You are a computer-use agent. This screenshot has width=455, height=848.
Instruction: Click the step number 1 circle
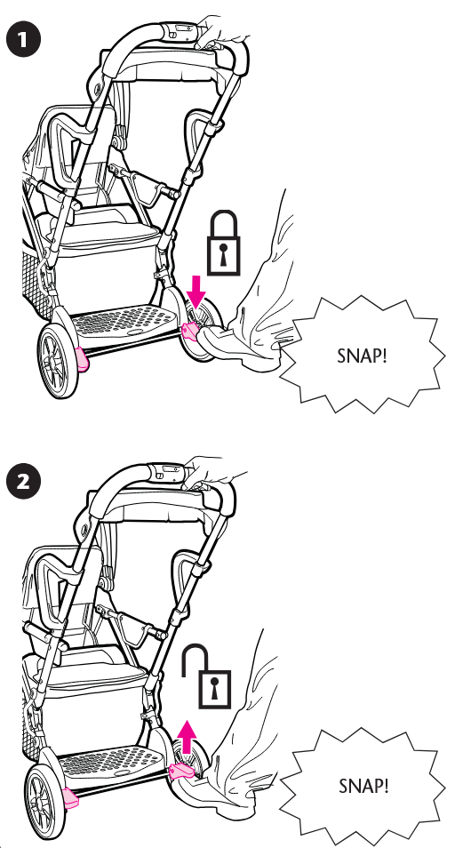(x=23, y=40)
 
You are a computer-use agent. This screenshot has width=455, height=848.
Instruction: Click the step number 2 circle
(x=23, y=481)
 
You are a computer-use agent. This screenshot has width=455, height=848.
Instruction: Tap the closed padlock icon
(x=223, y=244)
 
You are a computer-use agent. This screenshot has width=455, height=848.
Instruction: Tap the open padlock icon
(x=206, y=676)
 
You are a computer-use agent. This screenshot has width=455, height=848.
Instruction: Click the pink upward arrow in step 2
(x=187, y=737)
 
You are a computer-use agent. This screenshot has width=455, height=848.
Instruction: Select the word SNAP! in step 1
(x=362, y=356)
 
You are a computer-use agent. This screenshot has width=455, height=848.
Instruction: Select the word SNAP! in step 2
(x=363, y=786)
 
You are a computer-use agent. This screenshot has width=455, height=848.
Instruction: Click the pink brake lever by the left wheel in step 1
(x=83, y=360)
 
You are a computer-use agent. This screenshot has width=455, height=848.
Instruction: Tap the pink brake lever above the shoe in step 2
(x=180, y=772)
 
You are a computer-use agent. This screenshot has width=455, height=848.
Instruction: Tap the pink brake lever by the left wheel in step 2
(x=71, y=798)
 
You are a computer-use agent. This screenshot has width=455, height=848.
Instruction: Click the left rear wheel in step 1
(x=59, y=361)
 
